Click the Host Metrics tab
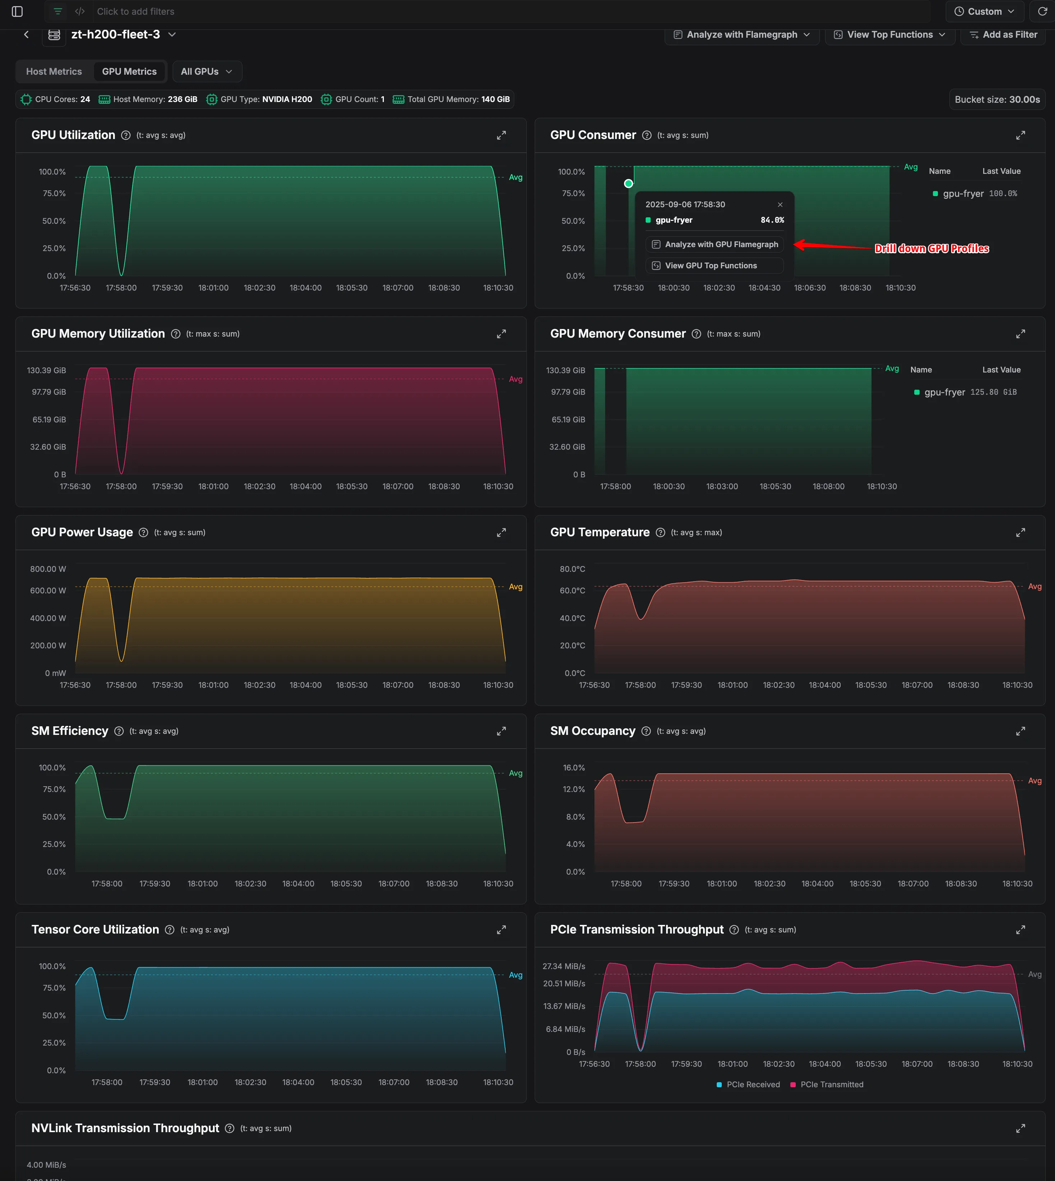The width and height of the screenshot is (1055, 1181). tap(54, 71)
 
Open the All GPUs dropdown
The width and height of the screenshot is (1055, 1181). tap(206, 71)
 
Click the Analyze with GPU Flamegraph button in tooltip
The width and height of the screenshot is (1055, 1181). tap(714, 244)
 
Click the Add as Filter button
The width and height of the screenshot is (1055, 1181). tap(1003, 35)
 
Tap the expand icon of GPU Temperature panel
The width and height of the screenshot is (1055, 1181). tap(1020, 532)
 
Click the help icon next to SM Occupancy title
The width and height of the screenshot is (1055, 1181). tap(646, 731)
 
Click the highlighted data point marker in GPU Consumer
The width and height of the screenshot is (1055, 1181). tap(628, 183)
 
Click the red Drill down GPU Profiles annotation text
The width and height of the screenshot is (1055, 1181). tap(931, 249)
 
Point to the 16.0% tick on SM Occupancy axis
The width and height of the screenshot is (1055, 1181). tap(573, 768)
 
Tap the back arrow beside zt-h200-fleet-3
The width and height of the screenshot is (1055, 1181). tap(26, 35)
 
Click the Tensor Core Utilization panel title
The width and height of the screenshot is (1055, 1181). tap(95, 929)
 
